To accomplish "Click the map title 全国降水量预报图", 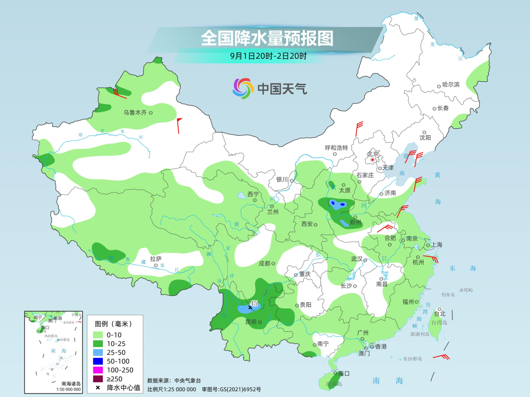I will (267, 38).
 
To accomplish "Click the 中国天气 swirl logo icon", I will (243, 88).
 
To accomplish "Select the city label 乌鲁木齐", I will (135, 113).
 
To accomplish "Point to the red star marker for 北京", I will (372, 160).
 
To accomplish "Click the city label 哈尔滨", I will (450, 85).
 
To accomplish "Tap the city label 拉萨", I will (156, 259).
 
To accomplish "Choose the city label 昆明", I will (251, 322).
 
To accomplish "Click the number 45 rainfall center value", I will (254, 303).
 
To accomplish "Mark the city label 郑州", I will (355, 223).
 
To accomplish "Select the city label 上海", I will (436, 245).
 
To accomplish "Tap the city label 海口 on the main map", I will (344, 373).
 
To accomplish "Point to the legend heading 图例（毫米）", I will (113, 323).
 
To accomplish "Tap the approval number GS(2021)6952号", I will (242, 389).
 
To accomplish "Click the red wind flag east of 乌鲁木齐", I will (179, 124).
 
